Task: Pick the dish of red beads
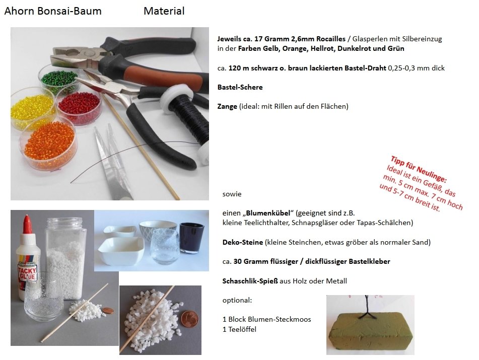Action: (79, 105)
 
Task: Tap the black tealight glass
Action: (191, 238)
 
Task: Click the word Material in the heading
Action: (164, 11)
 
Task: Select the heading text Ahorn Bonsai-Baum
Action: (53, 11)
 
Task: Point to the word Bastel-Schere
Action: (240, 87)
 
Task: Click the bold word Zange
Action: (227, 107)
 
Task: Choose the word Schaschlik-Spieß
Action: (250, 281)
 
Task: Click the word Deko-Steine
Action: (243, 243)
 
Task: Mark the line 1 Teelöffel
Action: (240, 329)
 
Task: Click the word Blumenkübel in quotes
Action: (268, 213)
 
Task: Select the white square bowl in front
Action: (121, 251)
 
